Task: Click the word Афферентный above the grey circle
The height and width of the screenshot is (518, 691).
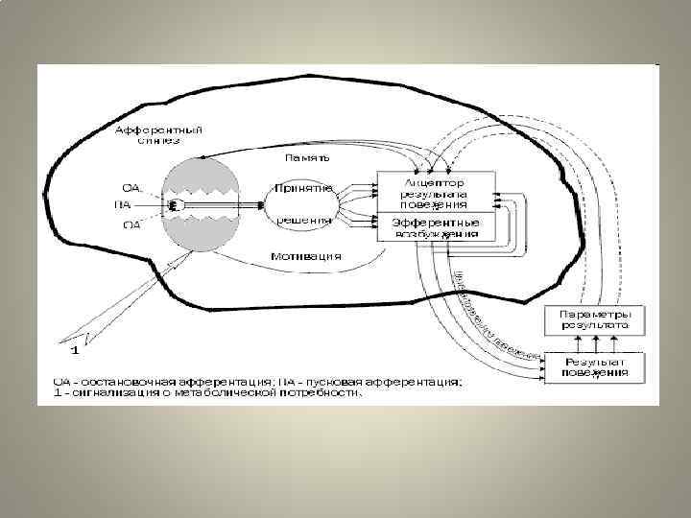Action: click(146, 129)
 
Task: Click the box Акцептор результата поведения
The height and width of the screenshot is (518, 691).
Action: click(436, 192)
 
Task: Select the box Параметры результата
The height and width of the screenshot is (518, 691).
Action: click(596, 319)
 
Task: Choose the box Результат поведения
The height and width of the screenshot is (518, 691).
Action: click(596, 366)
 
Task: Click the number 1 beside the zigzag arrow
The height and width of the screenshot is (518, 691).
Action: click(74, 347)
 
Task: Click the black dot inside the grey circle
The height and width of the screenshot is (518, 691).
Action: click(174, 204)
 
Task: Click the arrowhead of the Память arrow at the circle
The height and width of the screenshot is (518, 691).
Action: click(204, 159)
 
